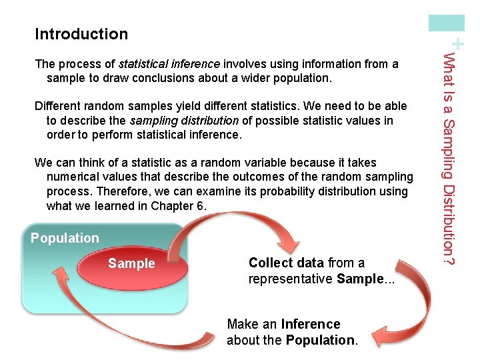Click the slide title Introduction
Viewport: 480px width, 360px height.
(81, 33)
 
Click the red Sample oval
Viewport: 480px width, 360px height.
(131, 263)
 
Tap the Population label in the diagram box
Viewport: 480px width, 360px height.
(65, 238)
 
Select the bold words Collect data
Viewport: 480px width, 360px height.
(286, 263)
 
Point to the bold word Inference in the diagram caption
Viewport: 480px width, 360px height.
(311, 325)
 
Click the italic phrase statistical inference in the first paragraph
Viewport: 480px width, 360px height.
(169, 64)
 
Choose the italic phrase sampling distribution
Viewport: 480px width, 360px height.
(184, 121)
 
